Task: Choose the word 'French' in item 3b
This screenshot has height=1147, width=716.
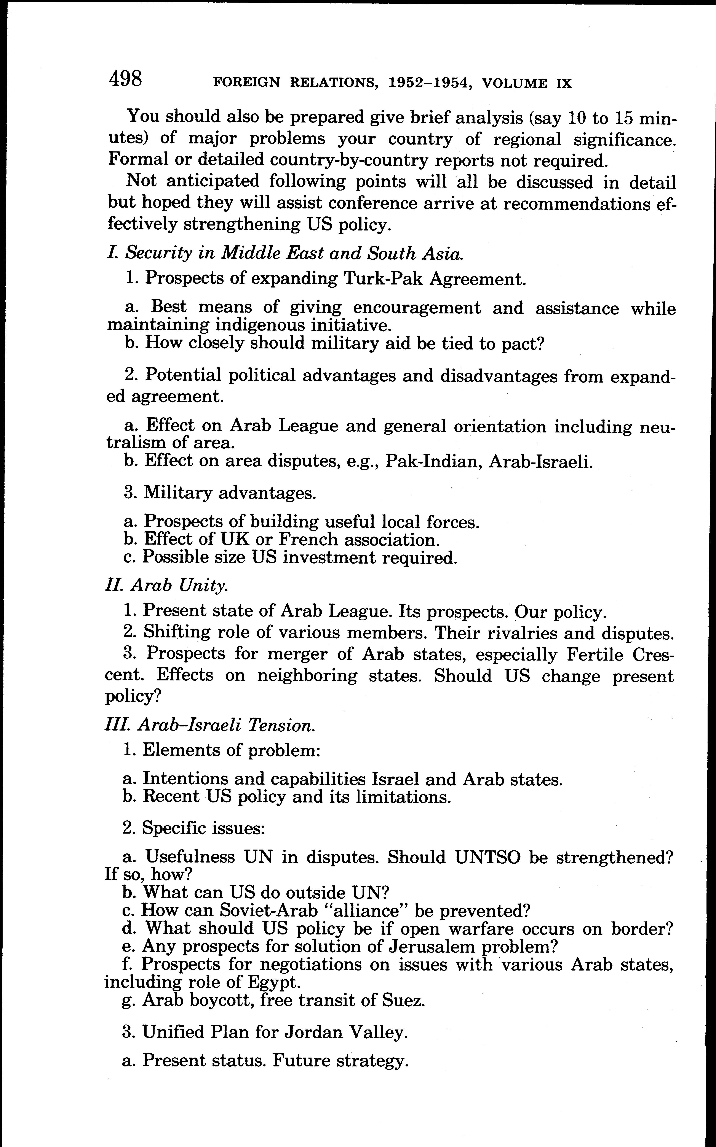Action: coord(310,539)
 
